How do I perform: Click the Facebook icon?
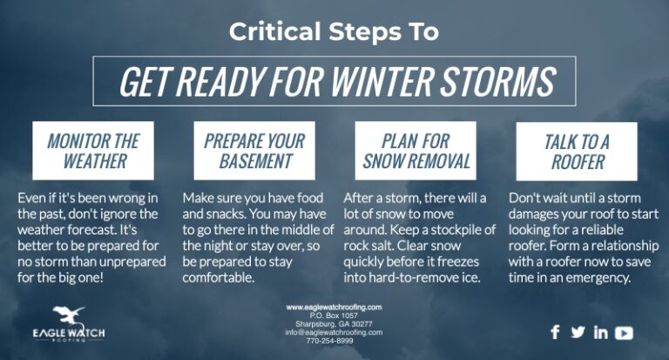[x=556, y=332]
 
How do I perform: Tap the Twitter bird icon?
[x=578, y=332]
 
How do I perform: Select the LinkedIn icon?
[x=601, y=332]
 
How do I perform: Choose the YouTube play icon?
[x=625, y=332]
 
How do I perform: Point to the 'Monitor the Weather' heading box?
[x=93, y=151]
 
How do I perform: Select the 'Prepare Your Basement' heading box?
[x=254, y=151]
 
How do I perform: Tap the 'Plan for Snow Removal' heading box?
[x=416, y=151]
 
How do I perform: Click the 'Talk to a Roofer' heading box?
[x=576, y=151]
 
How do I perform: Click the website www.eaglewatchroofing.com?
[x=334, y=308]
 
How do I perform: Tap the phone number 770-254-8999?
[x=334, y=340]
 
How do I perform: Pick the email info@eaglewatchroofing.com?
[x=334, y=332]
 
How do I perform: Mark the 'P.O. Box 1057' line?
[x=334, y=316]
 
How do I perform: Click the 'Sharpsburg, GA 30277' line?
[x=334, y=323]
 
